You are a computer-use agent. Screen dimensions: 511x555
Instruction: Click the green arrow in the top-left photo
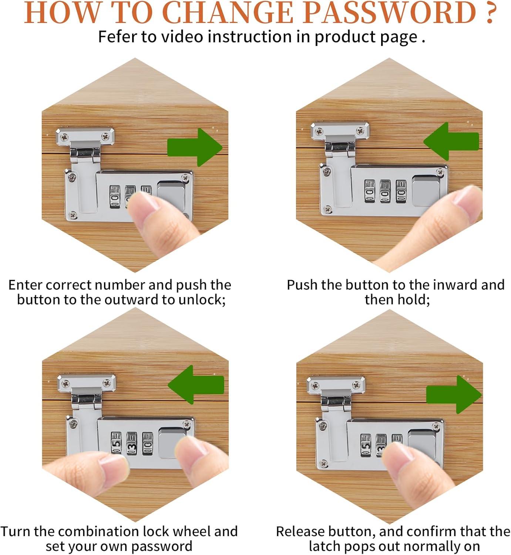click(x=195, y=147)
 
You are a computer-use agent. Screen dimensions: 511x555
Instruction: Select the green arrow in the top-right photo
click(x=451, y=141)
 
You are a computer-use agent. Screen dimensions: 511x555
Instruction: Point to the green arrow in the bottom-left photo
click(x=196, y=384)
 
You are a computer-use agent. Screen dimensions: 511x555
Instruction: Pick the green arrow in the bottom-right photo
click(x=454, y=394)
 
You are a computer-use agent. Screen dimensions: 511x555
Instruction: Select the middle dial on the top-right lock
click(x=385, y=191)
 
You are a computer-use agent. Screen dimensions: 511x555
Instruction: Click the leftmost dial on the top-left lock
click(x=115, y=197)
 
